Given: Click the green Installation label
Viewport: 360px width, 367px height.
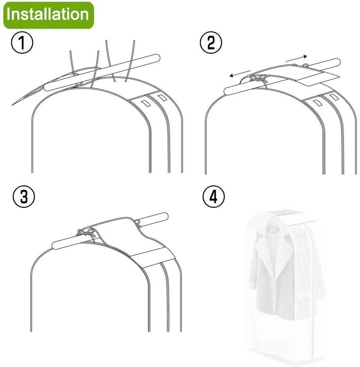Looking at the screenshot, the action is tap(49, 15).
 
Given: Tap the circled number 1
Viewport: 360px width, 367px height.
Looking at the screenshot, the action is tap(22, 43).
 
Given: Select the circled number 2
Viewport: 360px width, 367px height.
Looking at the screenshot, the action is tap(211, 42).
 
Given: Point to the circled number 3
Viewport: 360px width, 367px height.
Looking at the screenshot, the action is tap(24, 197).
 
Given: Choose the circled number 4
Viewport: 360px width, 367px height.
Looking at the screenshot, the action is tap(213, 197).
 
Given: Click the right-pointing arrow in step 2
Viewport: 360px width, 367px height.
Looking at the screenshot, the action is tap(296, 58).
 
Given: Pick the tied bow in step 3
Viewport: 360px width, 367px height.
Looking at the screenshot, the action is tap(87, 234).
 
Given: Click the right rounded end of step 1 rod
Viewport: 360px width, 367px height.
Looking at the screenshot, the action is tap(157, 58).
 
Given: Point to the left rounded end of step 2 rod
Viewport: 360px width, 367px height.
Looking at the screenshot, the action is tap(227, 91).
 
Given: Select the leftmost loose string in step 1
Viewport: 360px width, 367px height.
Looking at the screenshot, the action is tap(72, 63).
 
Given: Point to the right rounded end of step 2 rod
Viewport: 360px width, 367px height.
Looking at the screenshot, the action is tap(337, 62).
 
